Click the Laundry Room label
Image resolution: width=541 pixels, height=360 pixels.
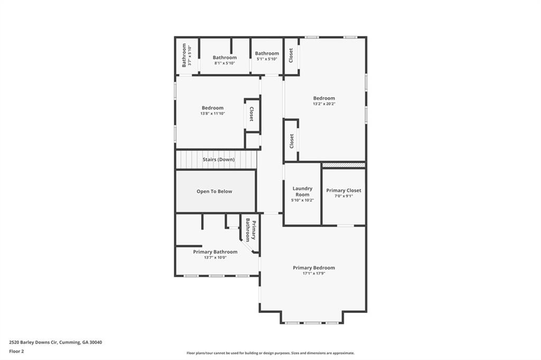click(303, 192)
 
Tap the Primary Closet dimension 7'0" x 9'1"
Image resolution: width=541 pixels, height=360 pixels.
click(343, 196)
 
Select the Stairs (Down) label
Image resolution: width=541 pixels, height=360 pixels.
click(218, 159)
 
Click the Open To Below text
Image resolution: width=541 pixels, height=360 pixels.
click(214, 192)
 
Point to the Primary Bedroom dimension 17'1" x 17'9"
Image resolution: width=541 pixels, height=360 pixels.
click(314, 273)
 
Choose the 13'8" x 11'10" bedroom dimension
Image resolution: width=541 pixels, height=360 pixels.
click(212, 113)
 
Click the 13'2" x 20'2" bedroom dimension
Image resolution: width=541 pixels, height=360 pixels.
click(324, 104)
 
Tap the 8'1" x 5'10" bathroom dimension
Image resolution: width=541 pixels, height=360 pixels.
click(225, 63)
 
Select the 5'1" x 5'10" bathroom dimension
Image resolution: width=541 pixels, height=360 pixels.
click(267, 59)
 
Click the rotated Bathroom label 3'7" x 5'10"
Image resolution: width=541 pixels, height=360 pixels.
click(186, 55)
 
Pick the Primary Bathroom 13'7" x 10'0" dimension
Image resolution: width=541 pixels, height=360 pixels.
click(215, 258)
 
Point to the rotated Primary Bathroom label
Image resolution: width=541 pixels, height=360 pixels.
click(250, 231)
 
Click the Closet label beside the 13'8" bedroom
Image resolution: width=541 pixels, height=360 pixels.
click(251, 114)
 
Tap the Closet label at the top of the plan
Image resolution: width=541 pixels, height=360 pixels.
click(291, 55)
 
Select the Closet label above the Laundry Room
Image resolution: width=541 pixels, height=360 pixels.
click(291, 140)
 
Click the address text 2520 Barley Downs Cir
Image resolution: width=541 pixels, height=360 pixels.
click(55, 342)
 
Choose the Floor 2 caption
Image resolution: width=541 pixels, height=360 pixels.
click(17, 350)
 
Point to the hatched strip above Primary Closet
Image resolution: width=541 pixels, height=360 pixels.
click(343, 165)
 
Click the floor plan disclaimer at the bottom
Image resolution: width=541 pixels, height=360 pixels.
click(270, 353)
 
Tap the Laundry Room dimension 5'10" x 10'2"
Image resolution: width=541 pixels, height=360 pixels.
click(303, 201)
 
